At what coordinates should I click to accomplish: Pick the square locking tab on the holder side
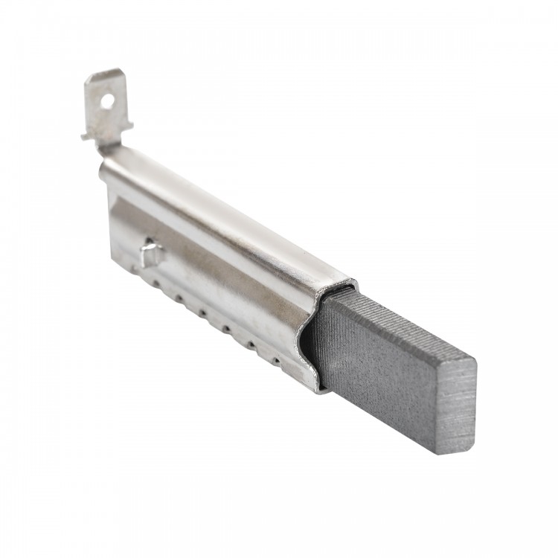click(151, 255)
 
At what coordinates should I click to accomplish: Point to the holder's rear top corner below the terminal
click(103, 165)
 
